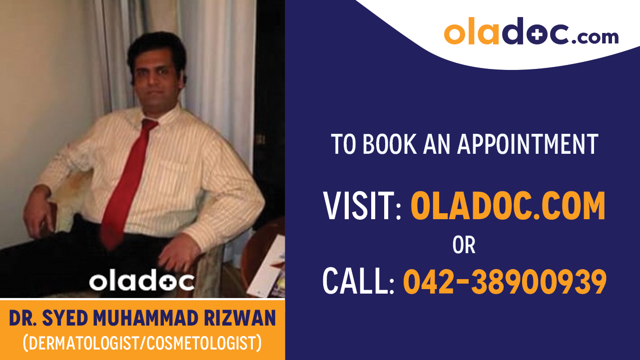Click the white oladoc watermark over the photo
142,282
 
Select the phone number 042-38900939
505,281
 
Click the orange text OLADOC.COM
508,206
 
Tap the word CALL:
359,281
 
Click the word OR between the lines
464,245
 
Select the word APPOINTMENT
528,144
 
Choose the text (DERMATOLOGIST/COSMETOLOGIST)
142,343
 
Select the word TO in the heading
344,144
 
